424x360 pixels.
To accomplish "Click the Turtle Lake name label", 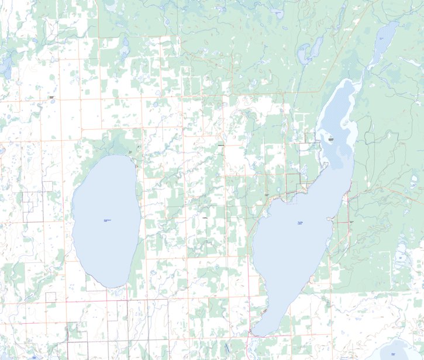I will (x=300, y=223).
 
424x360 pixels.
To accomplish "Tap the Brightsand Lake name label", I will (x=107, y=220).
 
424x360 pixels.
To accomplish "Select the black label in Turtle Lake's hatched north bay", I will (x=330, y=140).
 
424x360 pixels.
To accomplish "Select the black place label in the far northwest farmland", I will (x=51, y=97).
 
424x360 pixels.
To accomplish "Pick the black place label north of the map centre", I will (x=220, y=146).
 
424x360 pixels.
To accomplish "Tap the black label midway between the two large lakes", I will (x=205, y=218).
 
